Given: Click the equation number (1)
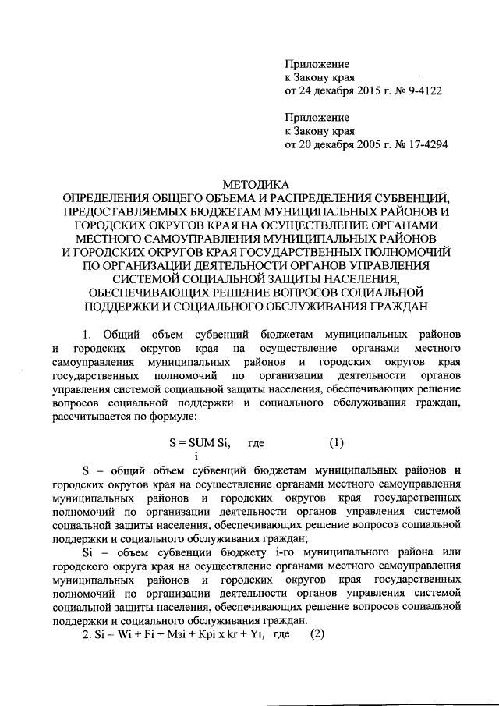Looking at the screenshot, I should click(x=334, y=442).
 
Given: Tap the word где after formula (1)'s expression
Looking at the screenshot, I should click(x=255, y=442).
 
